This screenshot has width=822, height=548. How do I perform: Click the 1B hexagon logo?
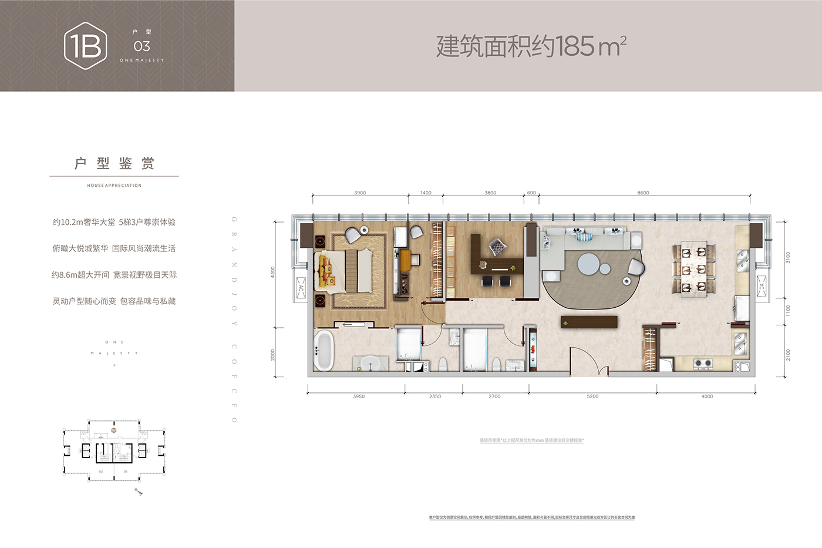click(x=86, y=46)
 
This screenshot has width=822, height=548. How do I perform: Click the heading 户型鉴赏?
click(x=114, y=164)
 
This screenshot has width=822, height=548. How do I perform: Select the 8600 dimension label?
click(x=643, y=193)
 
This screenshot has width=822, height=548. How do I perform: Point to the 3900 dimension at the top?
click(x=360, y=193)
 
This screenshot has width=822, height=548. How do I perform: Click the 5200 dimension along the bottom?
click(x=592, y=396)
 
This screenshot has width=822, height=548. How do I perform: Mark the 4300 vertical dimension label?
click(x=272, y=273)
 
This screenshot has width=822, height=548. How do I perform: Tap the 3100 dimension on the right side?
click(x=788, y=257)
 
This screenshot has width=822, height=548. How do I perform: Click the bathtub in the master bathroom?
click(x=324, y=351)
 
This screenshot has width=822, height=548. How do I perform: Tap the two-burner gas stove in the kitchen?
click(x=703, y=364)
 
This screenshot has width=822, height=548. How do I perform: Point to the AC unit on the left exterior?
click(x=301, y=288)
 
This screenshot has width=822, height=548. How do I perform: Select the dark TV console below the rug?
click(x=589, y=322)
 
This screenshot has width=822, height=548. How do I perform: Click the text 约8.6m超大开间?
click(x=80, y=275)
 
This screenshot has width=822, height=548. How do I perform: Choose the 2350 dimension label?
click(x=434, y=396)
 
